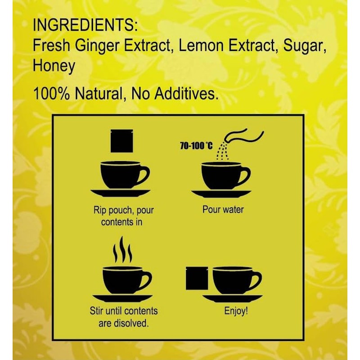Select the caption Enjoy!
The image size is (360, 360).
pyautogui.click(x=236, y=311)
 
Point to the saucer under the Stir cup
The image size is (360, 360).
pyautogui.click(x=121, y=299)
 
